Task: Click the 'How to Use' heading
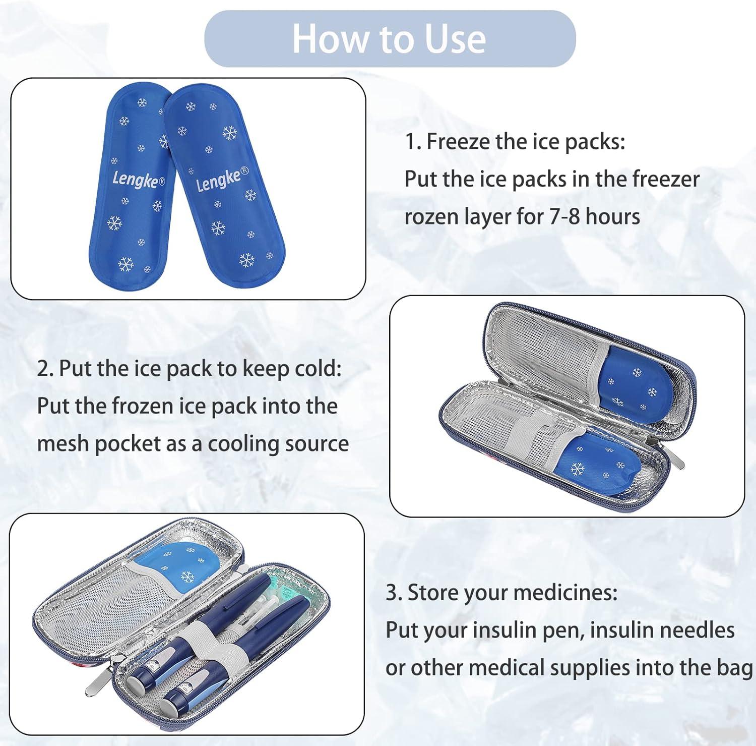coord(389,39)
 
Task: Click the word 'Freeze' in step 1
coord(458,142)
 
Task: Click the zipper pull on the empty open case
coord(677,458)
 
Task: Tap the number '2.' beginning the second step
coord(45,369)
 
